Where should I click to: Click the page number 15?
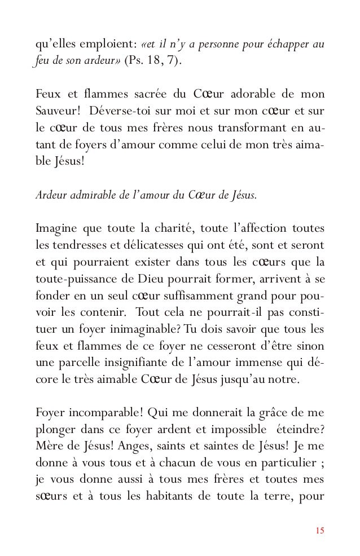320,530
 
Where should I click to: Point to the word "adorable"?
249,92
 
